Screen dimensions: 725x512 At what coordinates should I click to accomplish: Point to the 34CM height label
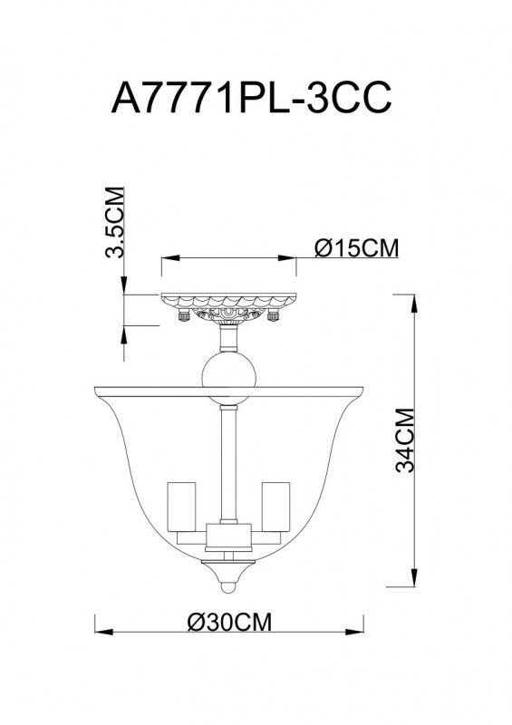[x=404, y=440]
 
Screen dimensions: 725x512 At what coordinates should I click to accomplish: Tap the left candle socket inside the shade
[x=181, y=509]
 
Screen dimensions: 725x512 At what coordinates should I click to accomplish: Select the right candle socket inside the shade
[x=275, y=509]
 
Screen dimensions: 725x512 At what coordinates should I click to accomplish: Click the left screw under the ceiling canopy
[x=184, y=316]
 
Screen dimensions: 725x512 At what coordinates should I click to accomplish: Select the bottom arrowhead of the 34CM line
[x=415, y=583]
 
